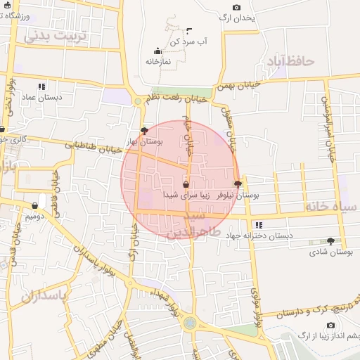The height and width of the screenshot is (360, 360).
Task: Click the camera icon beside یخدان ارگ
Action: click(x=236, y=7)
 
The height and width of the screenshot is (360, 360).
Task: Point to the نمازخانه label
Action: click(x=159, y=61)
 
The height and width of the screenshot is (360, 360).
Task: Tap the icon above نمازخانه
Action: click(x=157, y=51)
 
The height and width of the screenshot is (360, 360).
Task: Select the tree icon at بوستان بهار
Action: click(x=145, y=130)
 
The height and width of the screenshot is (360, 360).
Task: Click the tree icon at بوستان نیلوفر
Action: click(x=239, y=184)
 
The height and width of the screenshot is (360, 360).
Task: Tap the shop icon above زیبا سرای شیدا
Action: click(x=186, y=185)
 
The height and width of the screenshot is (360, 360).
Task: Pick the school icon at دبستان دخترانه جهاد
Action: click(x=259, y=225)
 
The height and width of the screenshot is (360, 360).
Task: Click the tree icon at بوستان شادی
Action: click(x=330, y=241)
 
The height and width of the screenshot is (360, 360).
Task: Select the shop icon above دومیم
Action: click(x=34, y=206)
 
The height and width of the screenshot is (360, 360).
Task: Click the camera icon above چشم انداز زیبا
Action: click(x=330, y=325)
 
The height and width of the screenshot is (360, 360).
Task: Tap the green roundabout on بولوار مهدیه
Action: click(x=190, y=323)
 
